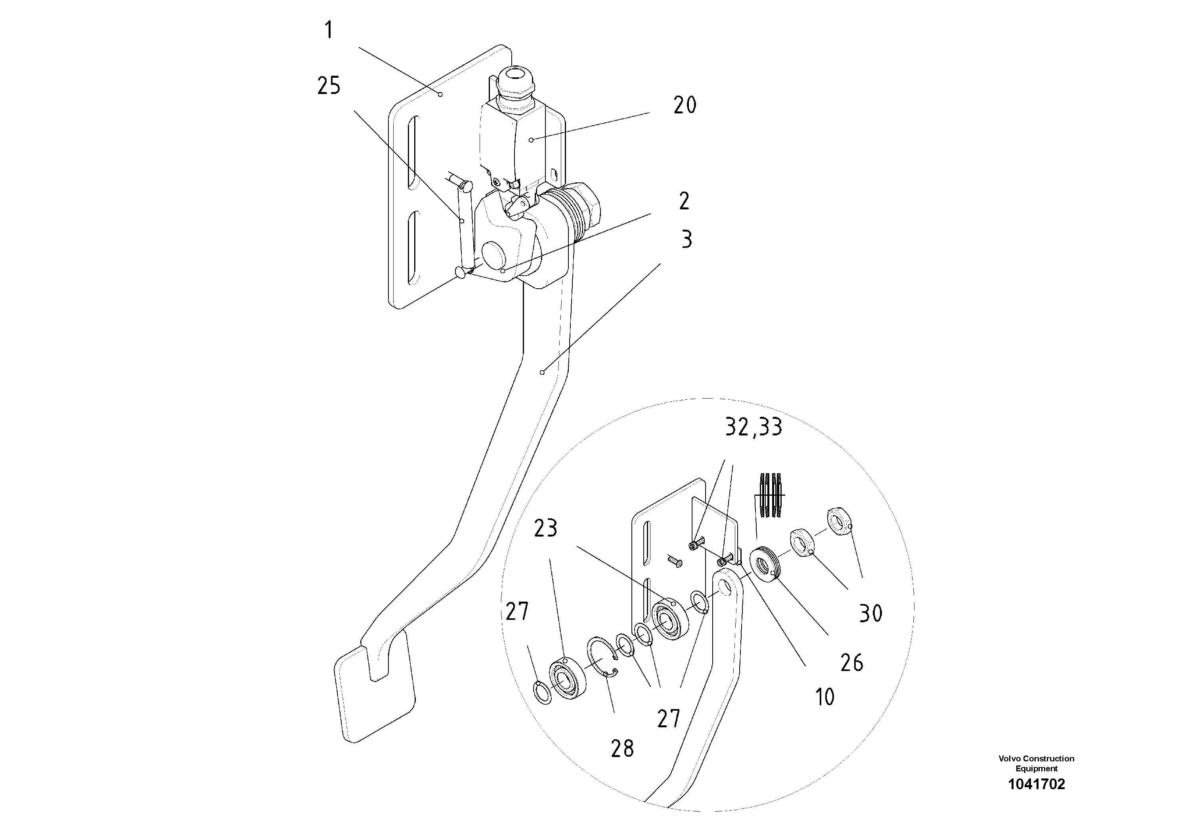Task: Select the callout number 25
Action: [329, 86]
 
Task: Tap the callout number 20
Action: [685, 105]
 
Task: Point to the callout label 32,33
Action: [754, 427]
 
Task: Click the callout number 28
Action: [622, 749]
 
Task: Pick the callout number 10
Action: [824, 698]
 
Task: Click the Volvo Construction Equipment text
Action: [1036, 763]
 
